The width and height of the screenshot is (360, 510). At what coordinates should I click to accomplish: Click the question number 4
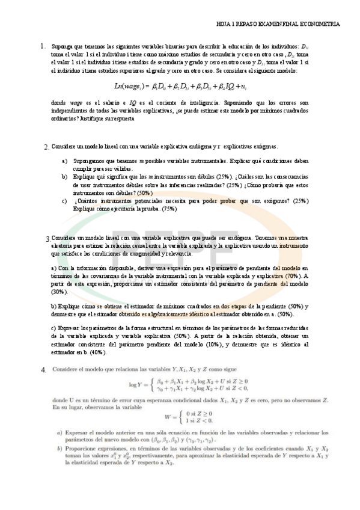tap(43, 369)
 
